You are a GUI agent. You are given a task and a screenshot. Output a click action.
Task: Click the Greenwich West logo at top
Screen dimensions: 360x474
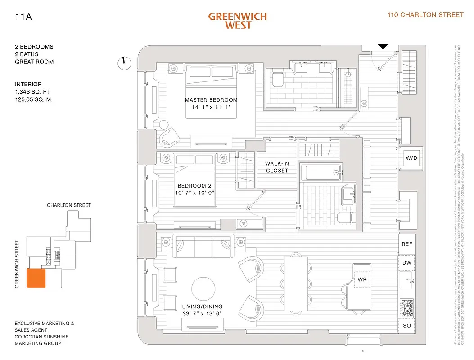pyautogui.click(x=237, y=21)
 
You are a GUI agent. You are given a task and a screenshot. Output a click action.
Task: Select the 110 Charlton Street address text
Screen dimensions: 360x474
pyautogui.click(x=425, y=15)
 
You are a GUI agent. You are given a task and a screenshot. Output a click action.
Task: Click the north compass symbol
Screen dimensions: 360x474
pyautogui.click(x=123, y=63)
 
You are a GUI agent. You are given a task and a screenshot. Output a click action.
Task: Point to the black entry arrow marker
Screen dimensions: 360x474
pyautogui.click(x=383, y=46)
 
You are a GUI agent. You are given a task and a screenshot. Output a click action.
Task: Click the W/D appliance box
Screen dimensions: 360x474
pyautogui.click(x=411, y=158)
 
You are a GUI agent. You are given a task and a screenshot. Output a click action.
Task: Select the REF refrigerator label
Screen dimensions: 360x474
pyautogui.click(x=407, y=244)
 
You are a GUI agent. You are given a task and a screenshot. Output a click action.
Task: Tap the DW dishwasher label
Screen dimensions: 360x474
pyautogui.click(x=407, y=263)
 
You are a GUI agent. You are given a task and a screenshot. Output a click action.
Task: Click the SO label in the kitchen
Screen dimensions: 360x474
pyautogui.click(x=407, y=325)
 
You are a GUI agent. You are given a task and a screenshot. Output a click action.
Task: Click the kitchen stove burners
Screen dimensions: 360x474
pyautogui.click(x=407, y=309)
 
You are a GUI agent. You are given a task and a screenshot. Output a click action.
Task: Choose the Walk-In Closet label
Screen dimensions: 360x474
pyautogui.click(x=276, y=167)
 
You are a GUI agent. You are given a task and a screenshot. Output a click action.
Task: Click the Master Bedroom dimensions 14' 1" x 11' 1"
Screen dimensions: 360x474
pyautogui.click(x=211, y=108)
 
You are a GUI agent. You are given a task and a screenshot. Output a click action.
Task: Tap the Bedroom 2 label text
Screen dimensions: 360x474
pyautogui.click(x=194, y=185)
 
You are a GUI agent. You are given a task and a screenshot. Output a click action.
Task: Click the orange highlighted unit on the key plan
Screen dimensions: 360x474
pyautogui.click(x=36, y=278)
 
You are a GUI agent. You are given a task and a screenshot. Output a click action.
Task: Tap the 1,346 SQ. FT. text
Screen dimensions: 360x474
pyautogui.click(x=34, y=92)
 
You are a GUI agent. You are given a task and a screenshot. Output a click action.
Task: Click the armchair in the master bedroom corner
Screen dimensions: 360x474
pyautogui.click(x=170, y=136)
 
